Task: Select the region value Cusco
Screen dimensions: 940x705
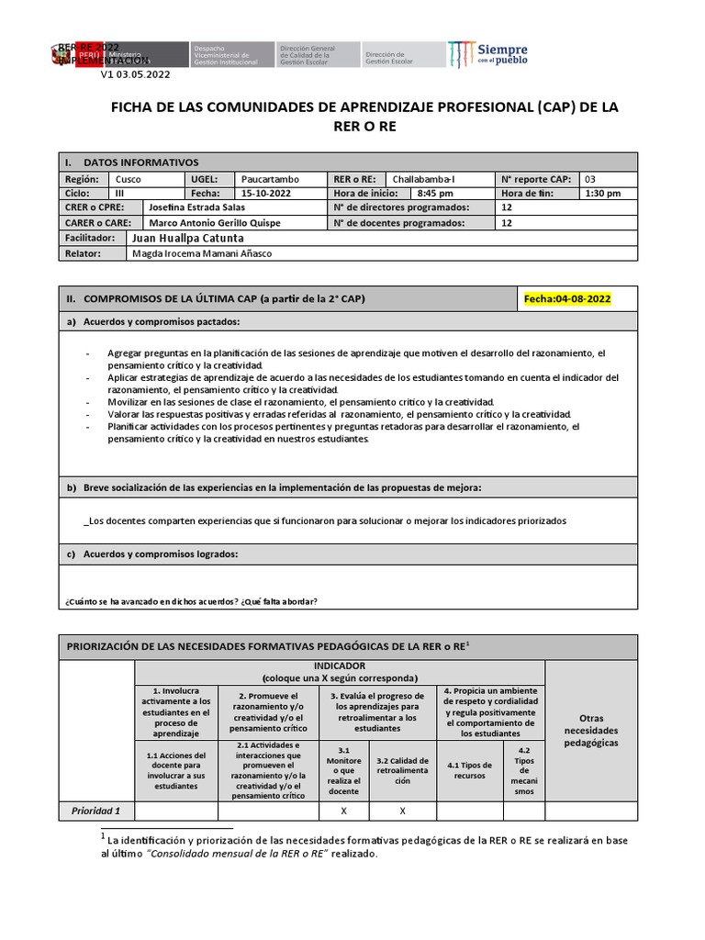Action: coord(129,179)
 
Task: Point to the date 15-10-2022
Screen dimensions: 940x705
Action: coord(266,194)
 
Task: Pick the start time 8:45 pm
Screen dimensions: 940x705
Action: coord(435,194)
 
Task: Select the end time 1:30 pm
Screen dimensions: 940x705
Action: coord(602,194)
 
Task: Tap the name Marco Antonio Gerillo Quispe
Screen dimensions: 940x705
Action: coord(215,222)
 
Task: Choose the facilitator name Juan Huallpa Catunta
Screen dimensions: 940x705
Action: coord(188,238)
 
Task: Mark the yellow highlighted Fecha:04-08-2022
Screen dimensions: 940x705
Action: coord(567,299)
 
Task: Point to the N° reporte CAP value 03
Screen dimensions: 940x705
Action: coord(590,179)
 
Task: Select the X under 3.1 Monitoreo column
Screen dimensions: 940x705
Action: coord(343,811)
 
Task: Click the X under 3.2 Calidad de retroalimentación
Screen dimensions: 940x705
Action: coord(402,811)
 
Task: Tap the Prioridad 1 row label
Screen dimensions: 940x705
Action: coord(95,811)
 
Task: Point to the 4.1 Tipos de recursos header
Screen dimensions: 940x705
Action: coord(470,769)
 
